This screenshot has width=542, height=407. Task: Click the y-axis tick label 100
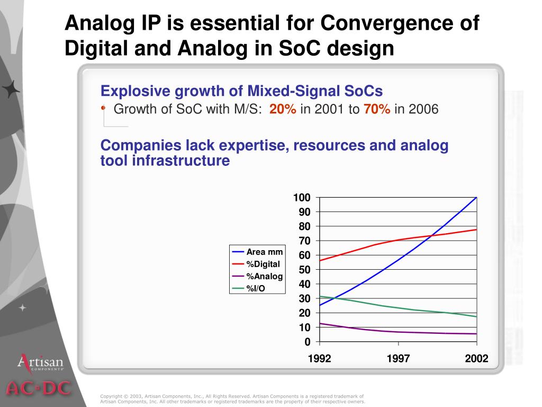click(302, 198)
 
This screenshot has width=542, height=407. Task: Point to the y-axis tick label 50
click(305, 270)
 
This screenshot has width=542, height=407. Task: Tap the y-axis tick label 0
click(308, 342)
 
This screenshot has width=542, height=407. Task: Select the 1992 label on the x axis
click(319, 359)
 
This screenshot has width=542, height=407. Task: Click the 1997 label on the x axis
click(398, 359)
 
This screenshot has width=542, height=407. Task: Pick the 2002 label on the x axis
click(476, 359)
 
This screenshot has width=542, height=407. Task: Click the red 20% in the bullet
click(283, 110)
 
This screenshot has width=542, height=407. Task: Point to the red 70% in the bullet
click(377, 110)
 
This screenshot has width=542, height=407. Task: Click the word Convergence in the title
click(400, 24)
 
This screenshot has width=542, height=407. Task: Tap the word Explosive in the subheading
click(128, 91)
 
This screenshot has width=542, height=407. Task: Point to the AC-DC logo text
click(38, 388)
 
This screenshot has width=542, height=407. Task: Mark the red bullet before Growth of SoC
click(103, 108)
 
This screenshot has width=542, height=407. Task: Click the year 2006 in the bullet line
click(423, 110)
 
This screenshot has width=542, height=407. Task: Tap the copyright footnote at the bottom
click(232, 399)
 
